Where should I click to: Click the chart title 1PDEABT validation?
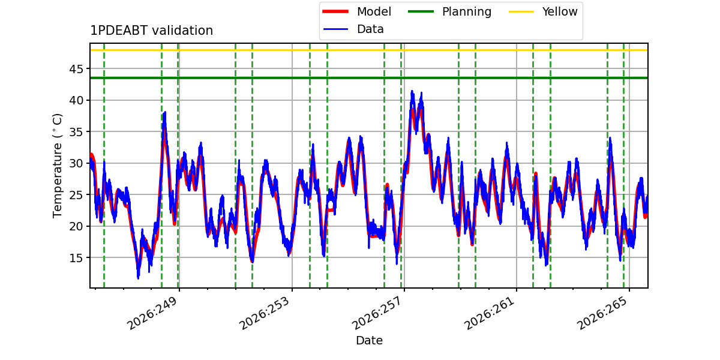pyautogui.click(x=151, y=31)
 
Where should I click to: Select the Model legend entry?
pyautogui.click(x=357, y=11)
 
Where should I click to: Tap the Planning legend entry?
pyautogui.click(x=449, y=11)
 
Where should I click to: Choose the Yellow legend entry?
pyautogui.click(x=543, y=11)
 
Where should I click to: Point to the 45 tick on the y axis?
pyautogui.click(x=76, y=69)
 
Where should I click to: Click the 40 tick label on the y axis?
pyautogui.click(x=76, y=100)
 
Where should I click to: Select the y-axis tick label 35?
pyautogui.click(x=76, y=132)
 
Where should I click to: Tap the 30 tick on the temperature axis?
pyautogui.click(x=76, y=163)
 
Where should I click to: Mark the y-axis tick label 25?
pyautogui.click(x=76, y=195)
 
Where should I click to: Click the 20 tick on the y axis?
pyautogui.click(x=76, y=226)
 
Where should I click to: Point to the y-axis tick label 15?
pyautogui.click(x=76, y=258)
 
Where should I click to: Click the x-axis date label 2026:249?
pyautogui.click(x=152, y=313)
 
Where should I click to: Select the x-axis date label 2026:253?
pyautogui.click(x=265, y=313)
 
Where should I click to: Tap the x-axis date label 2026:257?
pyautogui.click(x=377, y=313)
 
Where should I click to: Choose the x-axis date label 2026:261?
pyautogui.click(x=490, y=313)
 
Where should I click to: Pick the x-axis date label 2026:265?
pyautogui.click(x=602, y=313)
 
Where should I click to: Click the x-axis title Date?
pyautogui.click(x=370, y=340)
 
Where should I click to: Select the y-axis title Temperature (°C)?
pyautogui.click(x=57, y=166)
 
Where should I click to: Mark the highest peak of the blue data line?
pyautogui.click(x=412, y=91)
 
